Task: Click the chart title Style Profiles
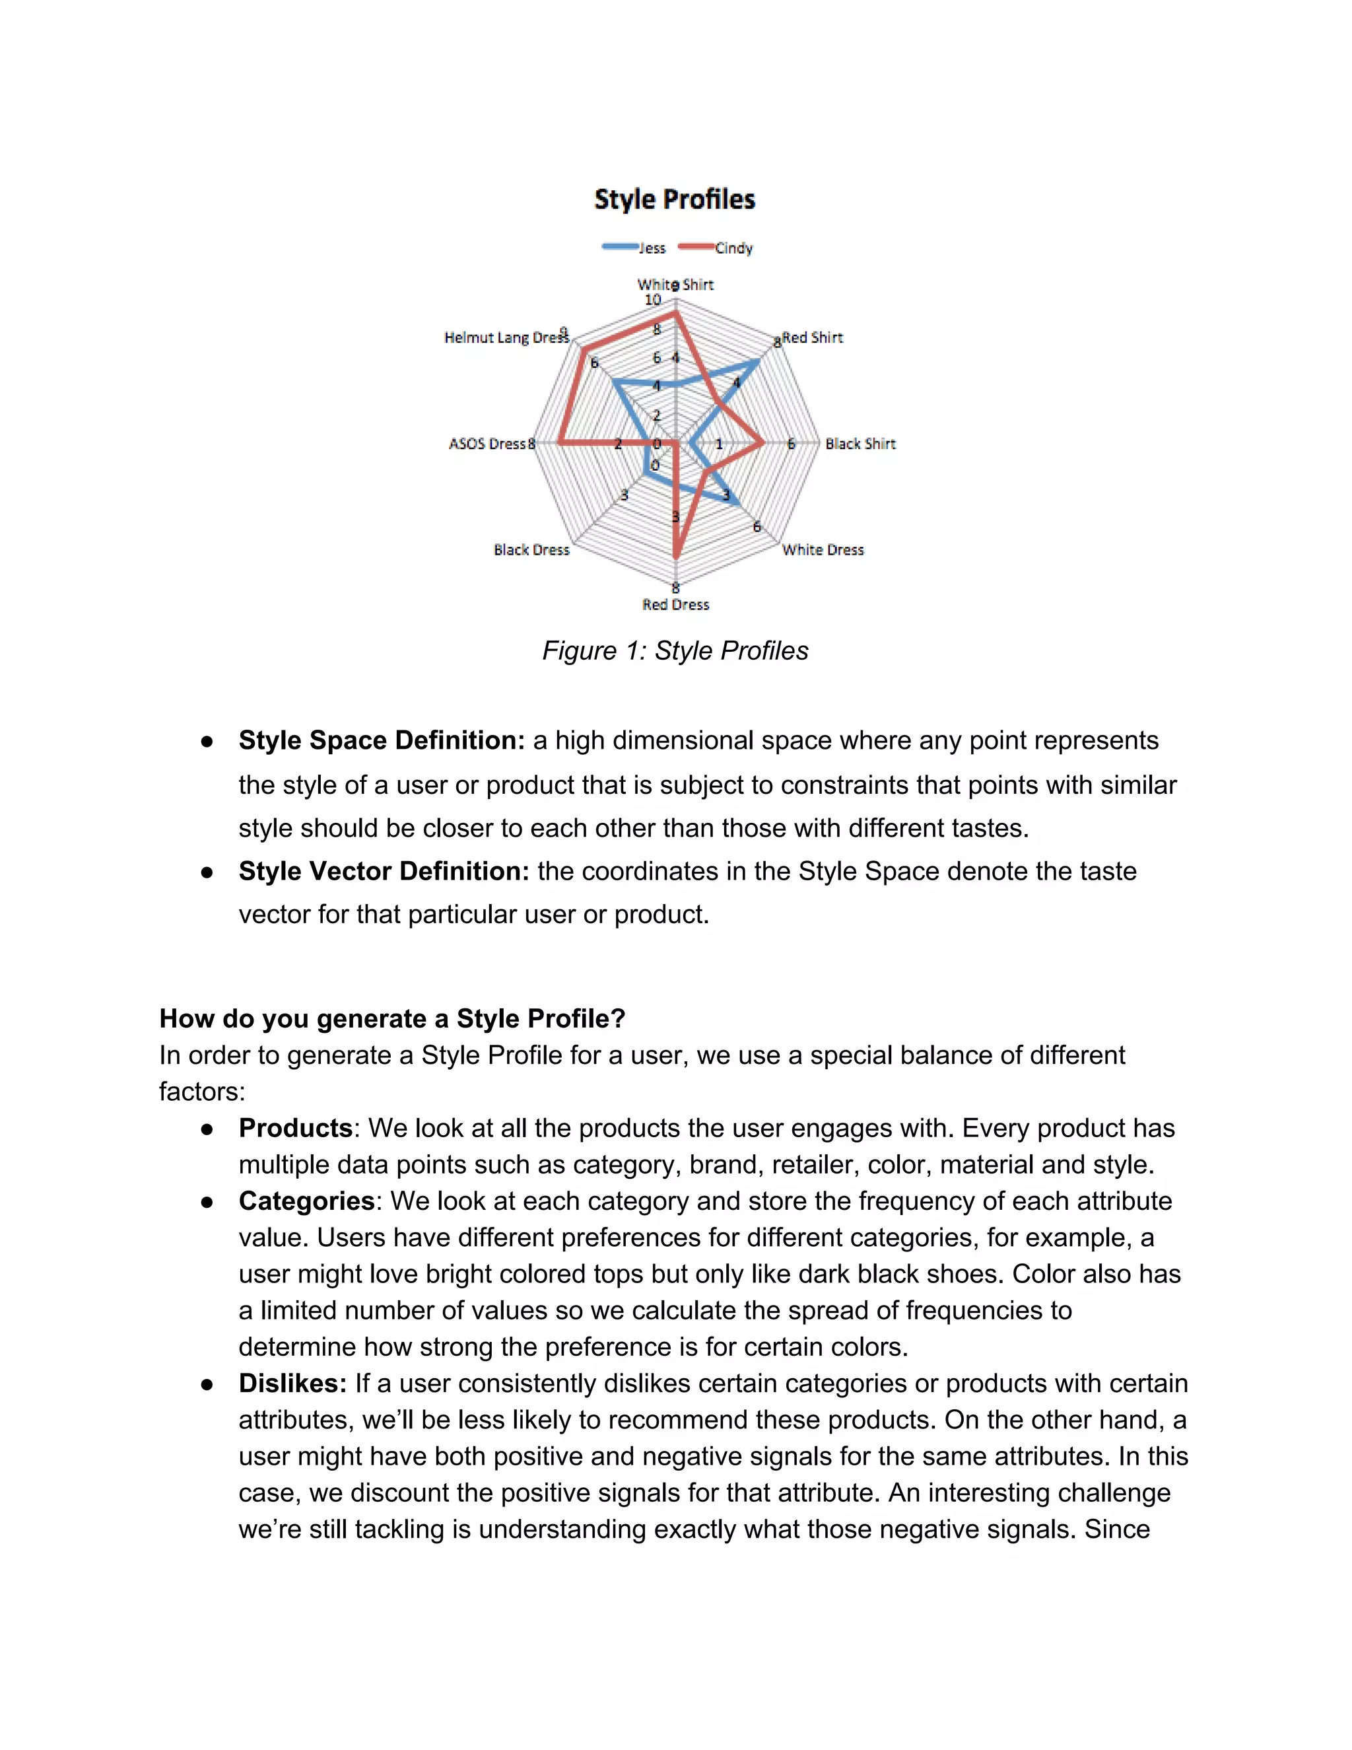coord(675,199)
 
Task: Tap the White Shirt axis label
coord(675,285)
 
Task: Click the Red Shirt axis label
coord(812,337)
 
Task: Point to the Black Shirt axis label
coord(860,444)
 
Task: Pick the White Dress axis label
coord(823,549)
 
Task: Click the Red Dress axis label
coord(675,605)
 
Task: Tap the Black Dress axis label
coord(531,549)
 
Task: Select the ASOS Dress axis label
coord(487,444)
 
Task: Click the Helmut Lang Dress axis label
coord(506,337)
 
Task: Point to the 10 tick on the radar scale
coord(653,300)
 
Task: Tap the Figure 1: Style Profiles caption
coord(675,650)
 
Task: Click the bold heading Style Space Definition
coord(382,740)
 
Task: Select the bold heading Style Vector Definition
coord(384,871)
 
